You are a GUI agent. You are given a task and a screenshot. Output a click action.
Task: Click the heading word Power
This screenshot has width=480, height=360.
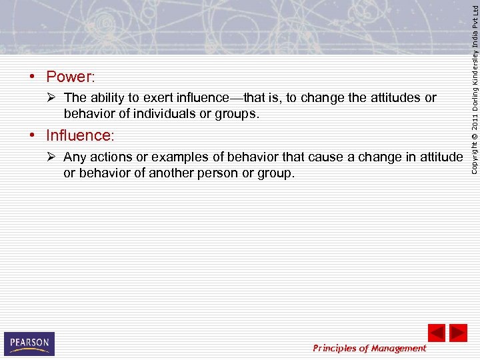click(x=70, y=77)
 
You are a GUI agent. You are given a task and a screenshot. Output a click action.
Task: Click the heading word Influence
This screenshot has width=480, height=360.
click(x=79, y=135)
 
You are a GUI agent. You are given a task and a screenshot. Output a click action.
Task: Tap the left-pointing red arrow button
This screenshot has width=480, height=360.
click(x=436, y=333)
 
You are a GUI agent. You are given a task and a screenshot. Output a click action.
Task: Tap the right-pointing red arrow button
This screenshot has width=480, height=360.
click(x=458, y=333)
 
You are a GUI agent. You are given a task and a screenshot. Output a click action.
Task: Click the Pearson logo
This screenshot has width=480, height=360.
click(x=29, y=343)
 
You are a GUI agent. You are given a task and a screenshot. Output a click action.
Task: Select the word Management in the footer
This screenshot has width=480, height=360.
click(x=398, y=348)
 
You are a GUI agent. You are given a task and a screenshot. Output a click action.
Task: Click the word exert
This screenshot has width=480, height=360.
click(x=155, y=98)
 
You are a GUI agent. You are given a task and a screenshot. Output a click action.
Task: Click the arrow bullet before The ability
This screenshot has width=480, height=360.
click(x=52, y=98)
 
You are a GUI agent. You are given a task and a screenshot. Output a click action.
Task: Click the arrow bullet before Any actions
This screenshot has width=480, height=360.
click(x=52, y=157)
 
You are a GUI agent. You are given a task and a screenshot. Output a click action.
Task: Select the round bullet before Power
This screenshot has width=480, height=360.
click(x=32, y=77)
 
